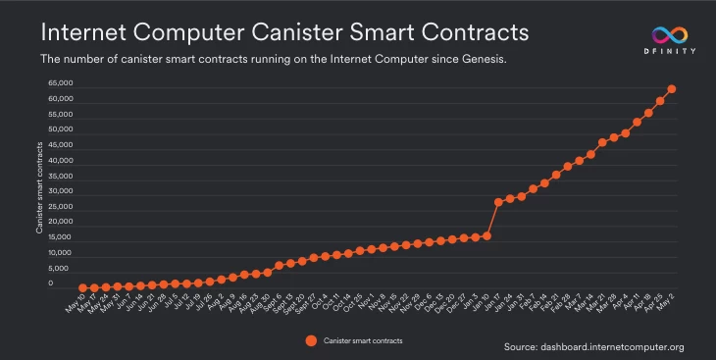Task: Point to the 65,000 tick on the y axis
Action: click(61, 83)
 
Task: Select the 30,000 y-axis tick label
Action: click(61, 191)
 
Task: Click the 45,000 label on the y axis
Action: click(61, 145)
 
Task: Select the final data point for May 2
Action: click(672, 89)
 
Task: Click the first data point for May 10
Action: click(83, 288)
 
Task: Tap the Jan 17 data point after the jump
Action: click(498, 202)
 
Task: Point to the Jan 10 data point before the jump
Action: click(486, 236)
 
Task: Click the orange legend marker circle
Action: click(310, 340)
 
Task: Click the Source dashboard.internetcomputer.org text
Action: click(593, 347)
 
